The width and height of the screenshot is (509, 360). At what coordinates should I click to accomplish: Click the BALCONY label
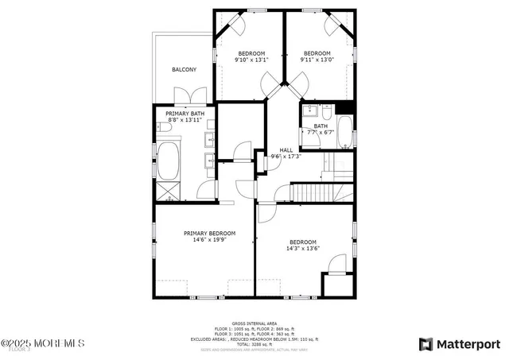(x=184, y=70)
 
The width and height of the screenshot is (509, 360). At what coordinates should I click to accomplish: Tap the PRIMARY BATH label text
(x=183, y=114)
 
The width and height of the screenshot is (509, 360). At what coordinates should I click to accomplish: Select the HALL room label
(x=286, y=149)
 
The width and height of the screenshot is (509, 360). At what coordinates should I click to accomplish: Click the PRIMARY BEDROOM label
(x=209, y=233)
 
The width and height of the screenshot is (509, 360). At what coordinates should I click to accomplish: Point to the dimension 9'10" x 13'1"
(x=251, y=60)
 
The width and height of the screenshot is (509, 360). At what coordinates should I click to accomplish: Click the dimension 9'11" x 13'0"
(x=317, y=60)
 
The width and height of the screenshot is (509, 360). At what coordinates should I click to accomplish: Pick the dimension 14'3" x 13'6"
(x=302, y=249)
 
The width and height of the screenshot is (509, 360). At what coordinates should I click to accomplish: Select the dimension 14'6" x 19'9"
(x=209, y=239)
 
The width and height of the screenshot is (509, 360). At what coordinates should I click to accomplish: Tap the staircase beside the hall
(x=313, y=192)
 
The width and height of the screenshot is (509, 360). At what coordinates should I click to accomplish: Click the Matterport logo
(x=459, y=344)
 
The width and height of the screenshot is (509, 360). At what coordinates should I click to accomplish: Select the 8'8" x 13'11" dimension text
(x=183, y=120)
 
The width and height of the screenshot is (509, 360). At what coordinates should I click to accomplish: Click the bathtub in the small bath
(x=345, y=133)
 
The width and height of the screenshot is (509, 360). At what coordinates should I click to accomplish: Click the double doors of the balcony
(x=185, y=96)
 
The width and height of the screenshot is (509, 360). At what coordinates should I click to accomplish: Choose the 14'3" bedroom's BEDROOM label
(x=302, y=242)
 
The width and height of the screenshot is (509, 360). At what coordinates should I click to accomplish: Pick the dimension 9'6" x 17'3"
(x=286, y=157)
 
